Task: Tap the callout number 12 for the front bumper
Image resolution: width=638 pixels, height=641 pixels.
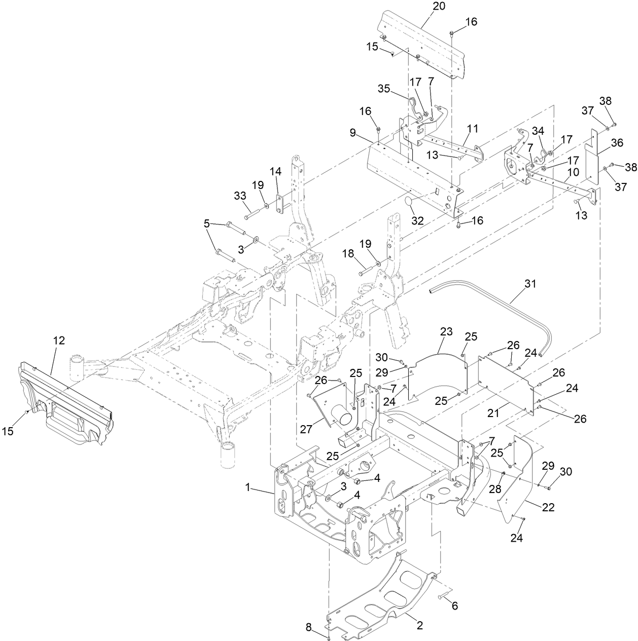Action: click(x=59, y=341)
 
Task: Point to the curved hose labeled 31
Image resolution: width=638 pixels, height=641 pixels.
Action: click(x=507, y=305)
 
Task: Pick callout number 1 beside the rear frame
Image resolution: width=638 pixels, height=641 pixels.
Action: click(x=248, y=487)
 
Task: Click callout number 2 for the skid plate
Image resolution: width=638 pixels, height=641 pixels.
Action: click(x=420, y=626)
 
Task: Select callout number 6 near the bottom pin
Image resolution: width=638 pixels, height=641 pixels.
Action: click(x=454, y=605)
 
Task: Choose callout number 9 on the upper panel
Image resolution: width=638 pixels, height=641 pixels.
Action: click(x=351, y=133)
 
